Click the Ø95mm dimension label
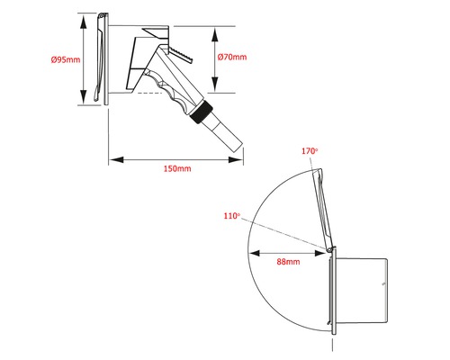coord(66,59)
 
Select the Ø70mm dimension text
coord(232,57)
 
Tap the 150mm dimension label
coord(177,168)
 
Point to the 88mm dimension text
coord(288,262)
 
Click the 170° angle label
coord(310,151)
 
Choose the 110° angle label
coord(232,216)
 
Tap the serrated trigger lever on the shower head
coord(181,54)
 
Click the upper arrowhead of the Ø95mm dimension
coord(84,22)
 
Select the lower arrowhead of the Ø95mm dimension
coord(84,96)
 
